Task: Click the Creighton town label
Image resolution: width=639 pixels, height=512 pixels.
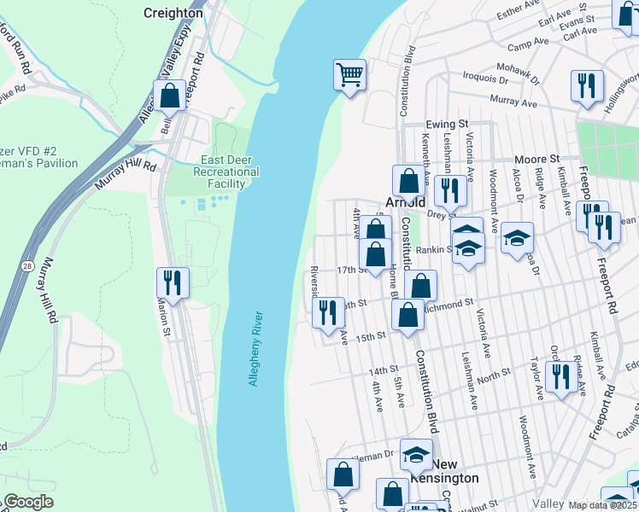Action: [173, 13]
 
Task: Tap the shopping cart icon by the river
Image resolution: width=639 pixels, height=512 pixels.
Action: [349, 75]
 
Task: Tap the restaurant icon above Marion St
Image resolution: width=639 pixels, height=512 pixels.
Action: [173, 283]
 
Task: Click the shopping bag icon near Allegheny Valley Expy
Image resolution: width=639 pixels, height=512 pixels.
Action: [169, 96]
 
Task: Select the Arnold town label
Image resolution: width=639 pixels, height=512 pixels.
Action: [405, 203]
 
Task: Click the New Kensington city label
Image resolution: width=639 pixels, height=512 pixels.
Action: [455, 471]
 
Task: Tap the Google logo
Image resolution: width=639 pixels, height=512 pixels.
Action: [28, 502]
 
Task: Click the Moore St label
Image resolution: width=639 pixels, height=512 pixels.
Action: [536, 160]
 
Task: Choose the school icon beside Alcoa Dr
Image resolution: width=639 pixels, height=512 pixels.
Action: [517, 238]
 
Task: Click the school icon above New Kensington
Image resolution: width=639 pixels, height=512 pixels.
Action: [416, 455]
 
